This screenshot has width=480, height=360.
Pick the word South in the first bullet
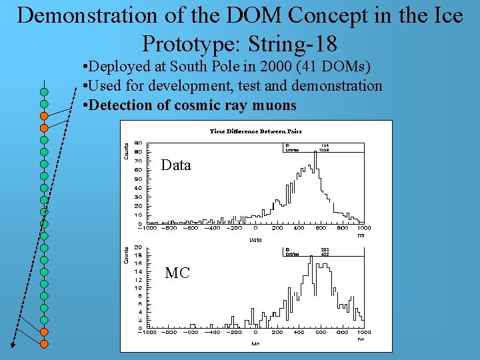(x=189, y=67)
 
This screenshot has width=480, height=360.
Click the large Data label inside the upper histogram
(x=176, y=165)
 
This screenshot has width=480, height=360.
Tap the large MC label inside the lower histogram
(x=177, y=273)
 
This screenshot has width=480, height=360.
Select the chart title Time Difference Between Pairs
(x=255, y=131)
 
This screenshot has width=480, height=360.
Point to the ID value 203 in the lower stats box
(x=325, y=249)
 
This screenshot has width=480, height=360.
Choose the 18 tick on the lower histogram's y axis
(x=138, y=255)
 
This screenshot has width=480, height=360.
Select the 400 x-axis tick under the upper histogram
(x=299, y=228)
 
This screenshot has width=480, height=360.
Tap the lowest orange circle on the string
(x=44, y=343)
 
